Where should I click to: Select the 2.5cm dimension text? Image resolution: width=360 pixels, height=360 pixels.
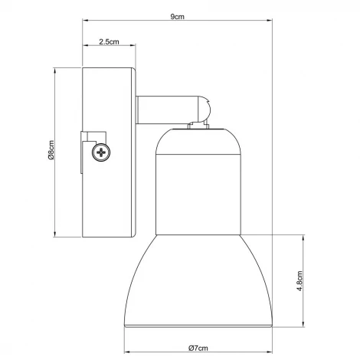click(108, 43)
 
